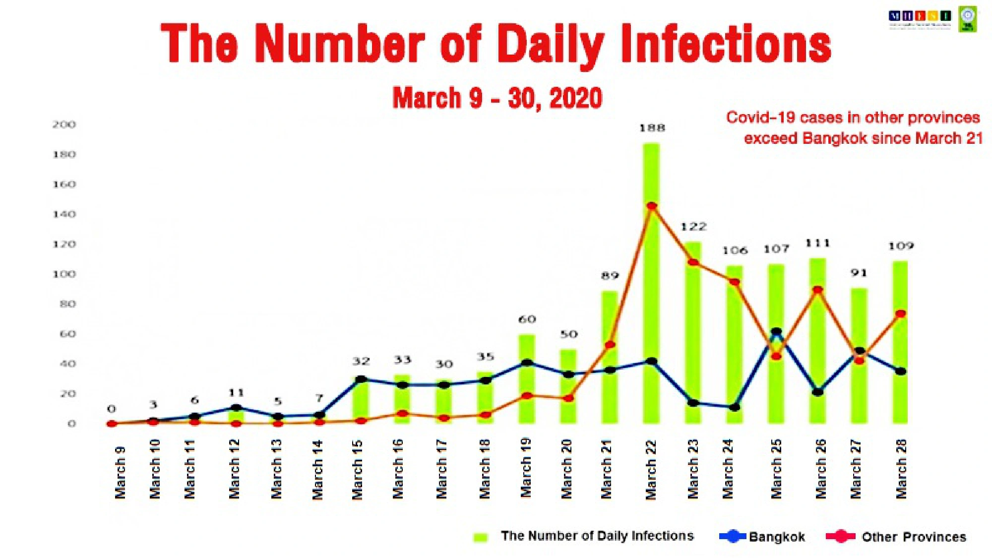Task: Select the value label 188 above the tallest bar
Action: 652,128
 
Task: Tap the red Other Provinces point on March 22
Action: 652,206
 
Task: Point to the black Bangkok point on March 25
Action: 776,331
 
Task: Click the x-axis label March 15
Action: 357,469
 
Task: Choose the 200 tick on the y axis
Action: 64,124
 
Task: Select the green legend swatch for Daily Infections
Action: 481,537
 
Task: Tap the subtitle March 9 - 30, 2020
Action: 497,98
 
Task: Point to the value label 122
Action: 693,227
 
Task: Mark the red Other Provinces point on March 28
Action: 901,314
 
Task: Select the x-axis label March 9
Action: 120,472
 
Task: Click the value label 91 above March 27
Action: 859,273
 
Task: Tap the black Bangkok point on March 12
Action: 236,408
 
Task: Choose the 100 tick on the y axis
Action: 64,274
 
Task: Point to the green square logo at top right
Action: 968,19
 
